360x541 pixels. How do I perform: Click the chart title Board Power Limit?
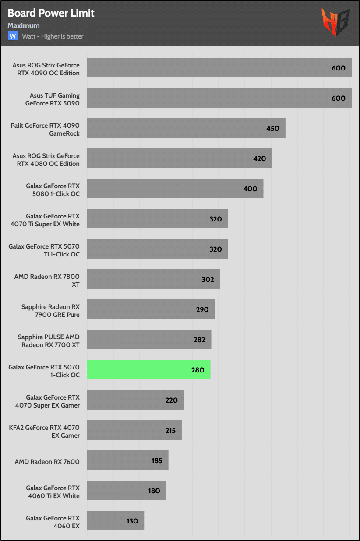(x=51, y=13)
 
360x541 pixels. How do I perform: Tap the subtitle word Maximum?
(x=24, y=25)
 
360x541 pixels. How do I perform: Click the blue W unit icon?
(x=13, y=36)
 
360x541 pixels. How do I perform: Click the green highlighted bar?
(x=148, y=369)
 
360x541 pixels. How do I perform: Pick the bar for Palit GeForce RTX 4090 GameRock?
(x=186, y=128)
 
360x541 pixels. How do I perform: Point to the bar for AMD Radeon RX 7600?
(x=127, y=460)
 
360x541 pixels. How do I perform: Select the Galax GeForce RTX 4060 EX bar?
(x=115, y=520)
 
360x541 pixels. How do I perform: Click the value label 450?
(x=272, y=128)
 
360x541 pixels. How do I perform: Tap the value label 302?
(x=207, y=279)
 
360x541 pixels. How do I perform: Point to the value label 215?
(x=170, y=430)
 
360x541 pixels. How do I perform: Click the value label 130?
(x=132, y=521)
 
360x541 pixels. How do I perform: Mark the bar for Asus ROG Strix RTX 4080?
(x=179, y=158)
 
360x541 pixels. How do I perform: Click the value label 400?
(x=251, y=189)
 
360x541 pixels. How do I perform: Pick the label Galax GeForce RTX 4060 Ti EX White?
(x=53, y=492)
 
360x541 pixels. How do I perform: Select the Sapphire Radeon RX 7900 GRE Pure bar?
(x=151, y=309)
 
